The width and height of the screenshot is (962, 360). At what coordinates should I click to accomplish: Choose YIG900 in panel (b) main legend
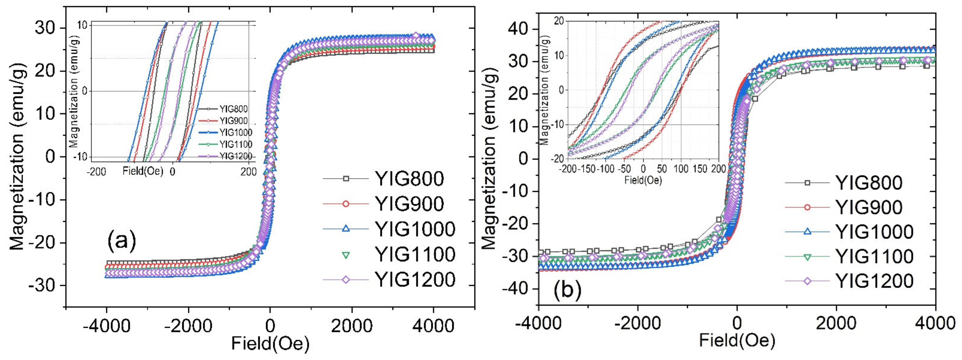(x=869, y=207)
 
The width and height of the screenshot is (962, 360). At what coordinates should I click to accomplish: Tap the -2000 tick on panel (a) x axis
(x=188, y=326)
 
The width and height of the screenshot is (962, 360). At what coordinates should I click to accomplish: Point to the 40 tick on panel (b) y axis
(x=520, y=29)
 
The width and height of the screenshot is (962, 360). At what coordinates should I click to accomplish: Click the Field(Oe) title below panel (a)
(x=270, y=344)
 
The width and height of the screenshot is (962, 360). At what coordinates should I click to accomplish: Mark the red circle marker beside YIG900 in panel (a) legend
(x=346, y=204)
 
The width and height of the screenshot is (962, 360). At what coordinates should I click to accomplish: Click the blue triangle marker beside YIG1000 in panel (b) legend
(x=807, y=232)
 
